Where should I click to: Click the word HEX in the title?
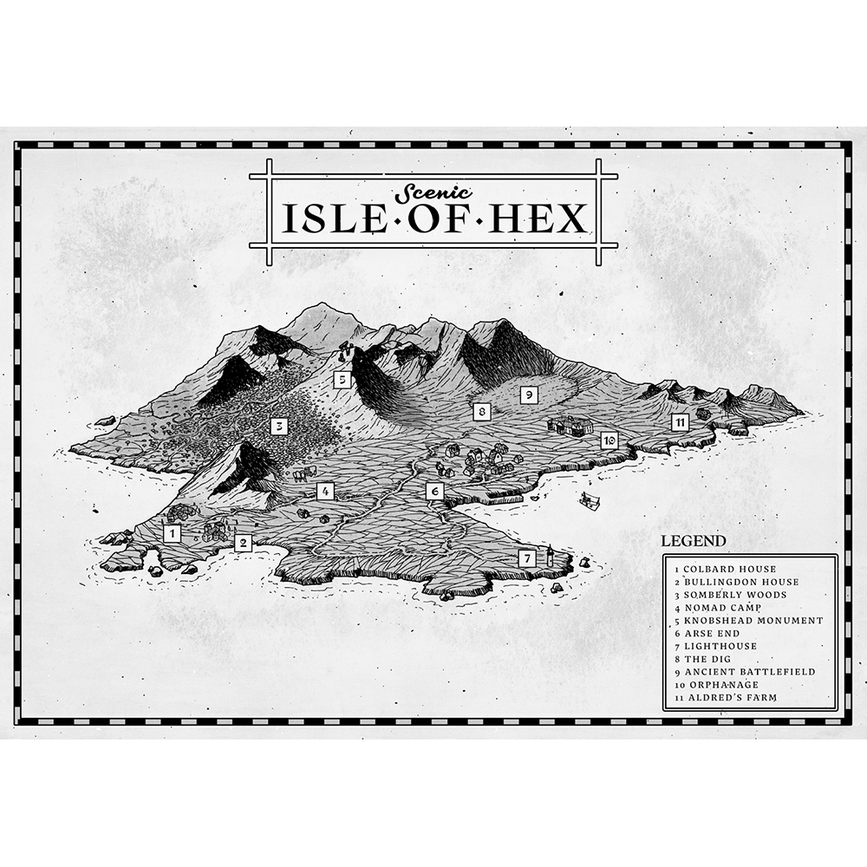(544, 219)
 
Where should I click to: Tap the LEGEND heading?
(694, 541)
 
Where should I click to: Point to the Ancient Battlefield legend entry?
(748, 672)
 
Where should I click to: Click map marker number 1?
(173, 533)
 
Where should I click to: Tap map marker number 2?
(243, 543)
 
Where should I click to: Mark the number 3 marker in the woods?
(278, 426)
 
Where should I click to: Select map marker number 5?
(342, 379)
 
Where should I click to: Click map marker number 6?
(435, 492)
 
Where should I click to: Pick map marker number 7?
(526, 558)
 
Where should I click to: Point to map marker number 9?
(527, 394)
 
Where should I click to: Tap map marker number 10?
(610, 440)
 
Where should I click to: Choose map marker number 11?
(681, 422)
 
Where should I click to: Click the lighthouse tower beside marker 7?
(550, 555)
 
